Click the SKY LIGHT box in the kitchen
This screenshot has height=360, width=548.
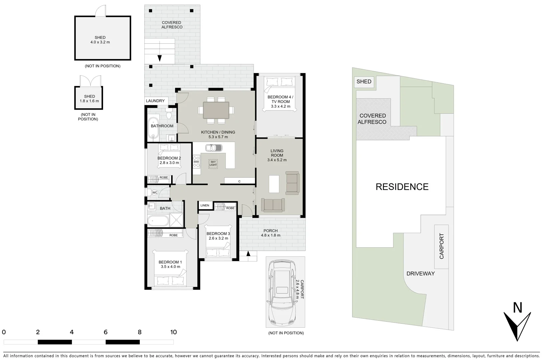pos(213,163)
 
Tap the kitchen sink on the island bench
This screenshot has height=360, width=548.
pos(213,147)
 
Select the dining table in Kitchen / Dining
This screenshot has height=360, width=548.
pos(216,110)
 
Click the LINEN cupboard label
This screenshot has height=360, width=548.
pos(205,205)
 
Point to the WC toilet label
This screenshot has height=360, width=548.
pos(155,193)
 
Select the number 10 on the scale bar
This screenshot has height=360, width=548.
pos(173,332)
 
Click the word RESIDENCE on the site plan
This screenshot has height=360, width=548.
pos(402,187)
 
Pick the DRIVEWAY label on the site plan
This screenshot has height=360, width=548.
pos(421,274)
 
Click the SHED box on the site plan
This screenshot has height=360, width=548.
pos(364,82)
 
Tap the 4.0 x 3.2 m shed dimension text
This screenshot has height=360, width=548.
pos(100,42)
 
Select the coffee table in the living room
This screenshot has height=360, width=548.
pos(274,184)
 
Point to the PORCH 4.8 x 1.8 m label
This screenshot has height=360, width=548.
pos(270,233)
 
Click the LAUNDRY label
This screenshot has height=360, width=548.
pos(155,101)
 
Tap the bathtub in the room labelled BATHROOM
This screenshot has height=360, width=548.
pos(154,127)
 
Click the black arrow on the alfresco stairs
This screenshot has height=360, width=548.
pos(159,58)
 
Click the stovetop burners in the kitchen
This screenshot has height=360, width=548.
pos(196,161)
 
